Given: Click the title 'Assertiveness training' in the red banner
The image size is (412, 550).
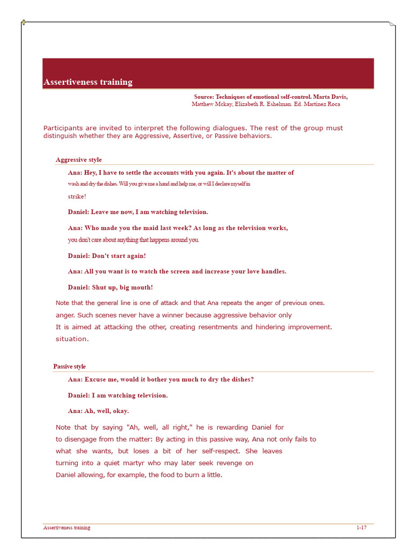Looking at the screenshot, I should pos(87,82).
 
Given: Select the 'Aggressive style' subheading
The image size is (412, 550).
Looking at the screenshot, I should pos(78,160).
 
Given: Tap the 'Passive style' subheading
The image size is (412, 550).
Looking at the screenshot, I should pos(69,366).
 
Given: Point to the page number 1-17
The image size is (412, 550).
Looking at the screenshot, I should pos(361,527).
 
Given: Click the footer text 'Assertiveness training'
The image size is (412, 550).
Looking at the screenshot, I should pos(67,527).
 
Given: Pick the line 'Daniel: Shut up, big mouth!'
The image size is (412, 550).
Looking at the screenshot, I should pos(110,287).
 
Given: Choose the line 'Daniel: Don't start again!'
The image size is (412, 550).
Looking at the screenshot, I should pos(107,256).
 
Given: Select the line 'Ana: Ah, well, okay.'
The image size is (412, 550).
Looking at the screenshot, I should pos(98,411).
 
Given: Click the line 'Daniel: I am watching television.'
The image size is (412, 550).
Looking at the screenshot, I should pos(117,395).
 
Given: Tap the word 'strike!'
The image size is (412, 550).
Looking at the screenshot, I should pos(77,196).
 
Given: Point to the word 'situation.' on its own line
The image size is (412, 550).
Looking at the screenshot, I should pos(72,339).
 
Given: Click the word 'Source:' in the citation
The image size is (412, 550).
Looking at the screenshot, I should pos(204,97).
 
